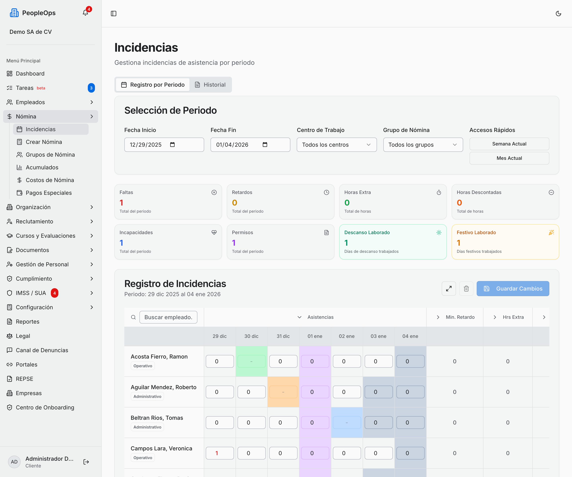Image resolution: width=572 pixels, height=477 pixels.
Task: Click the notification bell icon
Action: click(x=85, y=13)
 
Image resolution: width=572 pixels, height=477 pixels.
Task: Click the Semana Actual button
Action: click(x=509, y=144)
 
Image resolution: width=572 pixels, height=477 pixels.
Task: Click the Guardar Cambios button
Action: click(x=513, y=289)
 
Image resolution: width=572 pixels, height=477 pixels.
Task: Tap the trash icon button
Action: click(x=466, y=289)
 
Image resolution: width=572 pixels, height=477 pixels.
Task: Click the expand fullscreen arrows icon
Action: click(x=449, y=289)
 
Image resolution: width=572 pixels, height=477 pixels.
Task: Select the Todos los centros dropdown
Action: click(x=337, y=145)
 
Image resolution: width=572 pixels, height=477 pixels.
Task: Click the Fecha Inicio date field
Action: click(x=164, y=145)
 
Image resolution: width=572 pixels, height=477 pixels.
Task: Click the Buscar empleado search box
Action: click(x=168, y=317)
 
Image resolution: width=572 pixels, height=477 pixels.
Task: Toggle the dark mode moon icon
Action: click(x=558, y=14)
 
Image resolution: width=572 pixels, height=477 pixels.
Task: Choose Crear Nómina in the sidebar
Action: click(x=44, y=142)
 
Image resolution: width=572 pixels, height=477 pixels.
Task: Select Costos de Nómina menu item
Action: click(x=50, y=180)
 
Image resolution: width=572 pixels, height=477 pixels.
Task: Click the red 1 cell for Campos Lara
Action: click(x=219, y=453)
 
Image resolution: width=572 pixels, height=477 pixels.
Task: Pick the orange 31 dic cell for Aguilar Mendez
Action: click(x=283, y=392)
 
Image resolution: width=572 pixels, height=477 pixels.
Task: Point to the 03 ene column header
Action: click(x=378, y=336)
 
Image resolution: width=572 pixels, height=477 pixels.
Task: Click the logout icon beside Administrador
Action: click(x=86, y=462)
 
